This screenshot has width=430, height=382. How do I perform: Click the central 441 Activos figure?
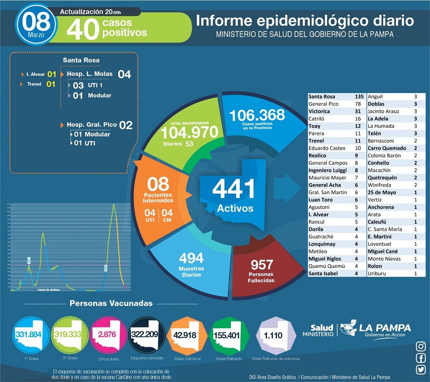point(234,189)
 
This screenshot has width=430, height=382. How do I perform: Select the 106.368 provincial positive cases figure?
point(257,115)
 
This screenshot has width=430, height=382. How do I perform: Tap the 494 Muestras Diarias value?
point(191,258)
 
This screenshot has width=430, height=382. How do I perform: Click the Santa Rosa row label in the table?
point(322,96)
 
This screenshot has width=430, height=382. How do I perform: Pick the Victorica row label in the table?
point(320,111)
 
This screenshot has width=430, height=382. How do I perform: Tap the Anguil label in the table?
point(376,96)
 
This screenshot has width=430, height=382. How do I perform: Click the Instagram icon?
point(421,346)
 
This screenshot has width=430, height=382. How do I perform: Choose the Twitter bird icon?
point(421,370)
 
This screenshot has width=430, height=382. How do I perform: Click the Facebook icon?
point(421,358)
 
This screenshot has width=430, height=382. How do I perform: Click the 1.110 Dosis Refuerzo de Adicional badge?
point(273,335)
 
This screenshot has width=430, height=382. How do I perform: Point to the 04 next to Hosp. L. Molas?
point(124,74)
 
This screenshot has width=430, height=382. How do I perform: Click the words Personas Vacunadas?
point(111,303)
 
